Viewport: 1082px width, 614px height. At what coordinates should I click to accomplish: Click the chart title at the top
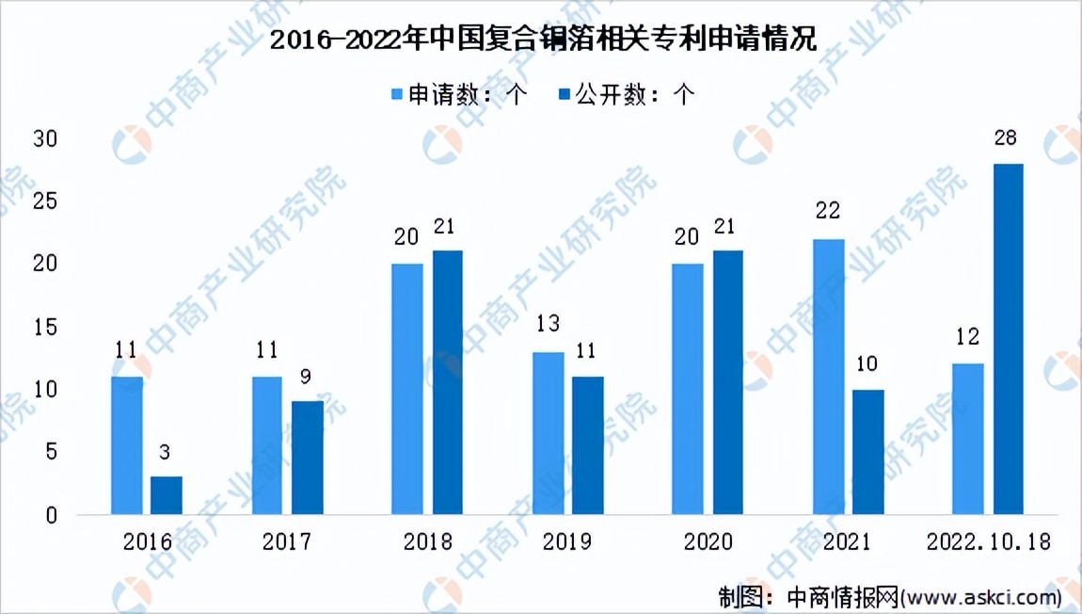click(541, 39)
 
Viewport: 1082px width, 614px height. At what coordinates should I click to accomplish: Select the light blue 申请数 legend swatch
click(396, 94)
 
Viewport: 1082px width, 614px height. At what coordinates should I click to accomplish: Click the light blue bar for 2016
click(127, 445)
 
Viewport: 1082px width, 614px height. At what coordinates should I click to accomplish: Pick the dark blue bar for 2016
click(167, 495)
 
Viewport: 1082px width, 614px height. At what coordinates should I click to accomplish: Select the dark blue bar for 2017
click(307, 458)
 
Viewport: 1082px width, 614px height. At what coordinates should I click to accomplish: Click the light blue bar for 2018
click(407, 389)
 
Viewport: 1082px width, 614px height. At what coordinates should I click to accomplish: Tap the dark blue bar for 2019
click(588, 445)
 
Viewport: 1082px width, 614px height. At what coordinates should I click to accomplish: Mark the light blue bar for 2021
click(828, 377)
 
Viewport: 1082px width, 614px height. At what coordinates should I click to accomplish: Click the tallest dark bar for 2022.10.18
click(1008, 339)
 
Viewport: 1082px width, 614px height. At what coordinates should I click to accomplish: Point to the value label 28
click(1006, 138)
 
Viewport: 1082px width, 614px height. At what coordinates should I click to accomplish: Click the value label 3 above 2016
click(166, 452)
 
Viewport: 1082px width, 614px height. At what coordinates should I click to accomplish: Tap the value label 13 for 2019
click(548, 325)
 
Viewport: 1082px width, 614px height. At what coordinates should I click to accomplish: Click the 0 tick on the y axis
click(52, 515)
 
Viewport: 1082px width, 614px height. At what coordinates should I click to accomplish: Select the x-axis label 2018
click(427, 542)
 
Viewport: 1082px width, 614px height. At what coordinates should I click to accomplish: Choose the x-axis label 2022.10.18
click(987, 542)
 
